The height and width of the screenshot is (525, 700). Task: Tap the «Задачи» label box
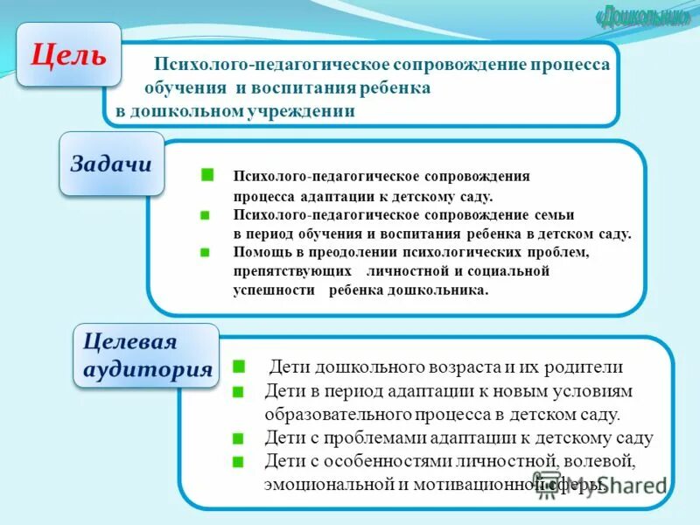[111, 164]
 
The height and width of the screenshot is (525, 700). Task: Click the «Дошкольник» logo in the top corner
[641, 17]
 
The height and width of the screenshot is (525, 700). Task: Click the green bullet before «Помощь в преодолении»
[205, 252]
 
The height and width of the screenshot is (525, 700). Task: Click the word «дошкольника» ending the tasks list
[444, 290]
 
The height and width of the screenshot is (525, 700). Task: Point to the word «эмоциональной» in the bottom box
[318, 482]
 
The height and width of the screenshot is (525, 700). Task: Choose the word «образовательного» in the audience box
[329, 414]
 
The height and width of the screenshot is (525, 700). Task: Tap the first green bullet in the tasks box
[207, 175]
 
